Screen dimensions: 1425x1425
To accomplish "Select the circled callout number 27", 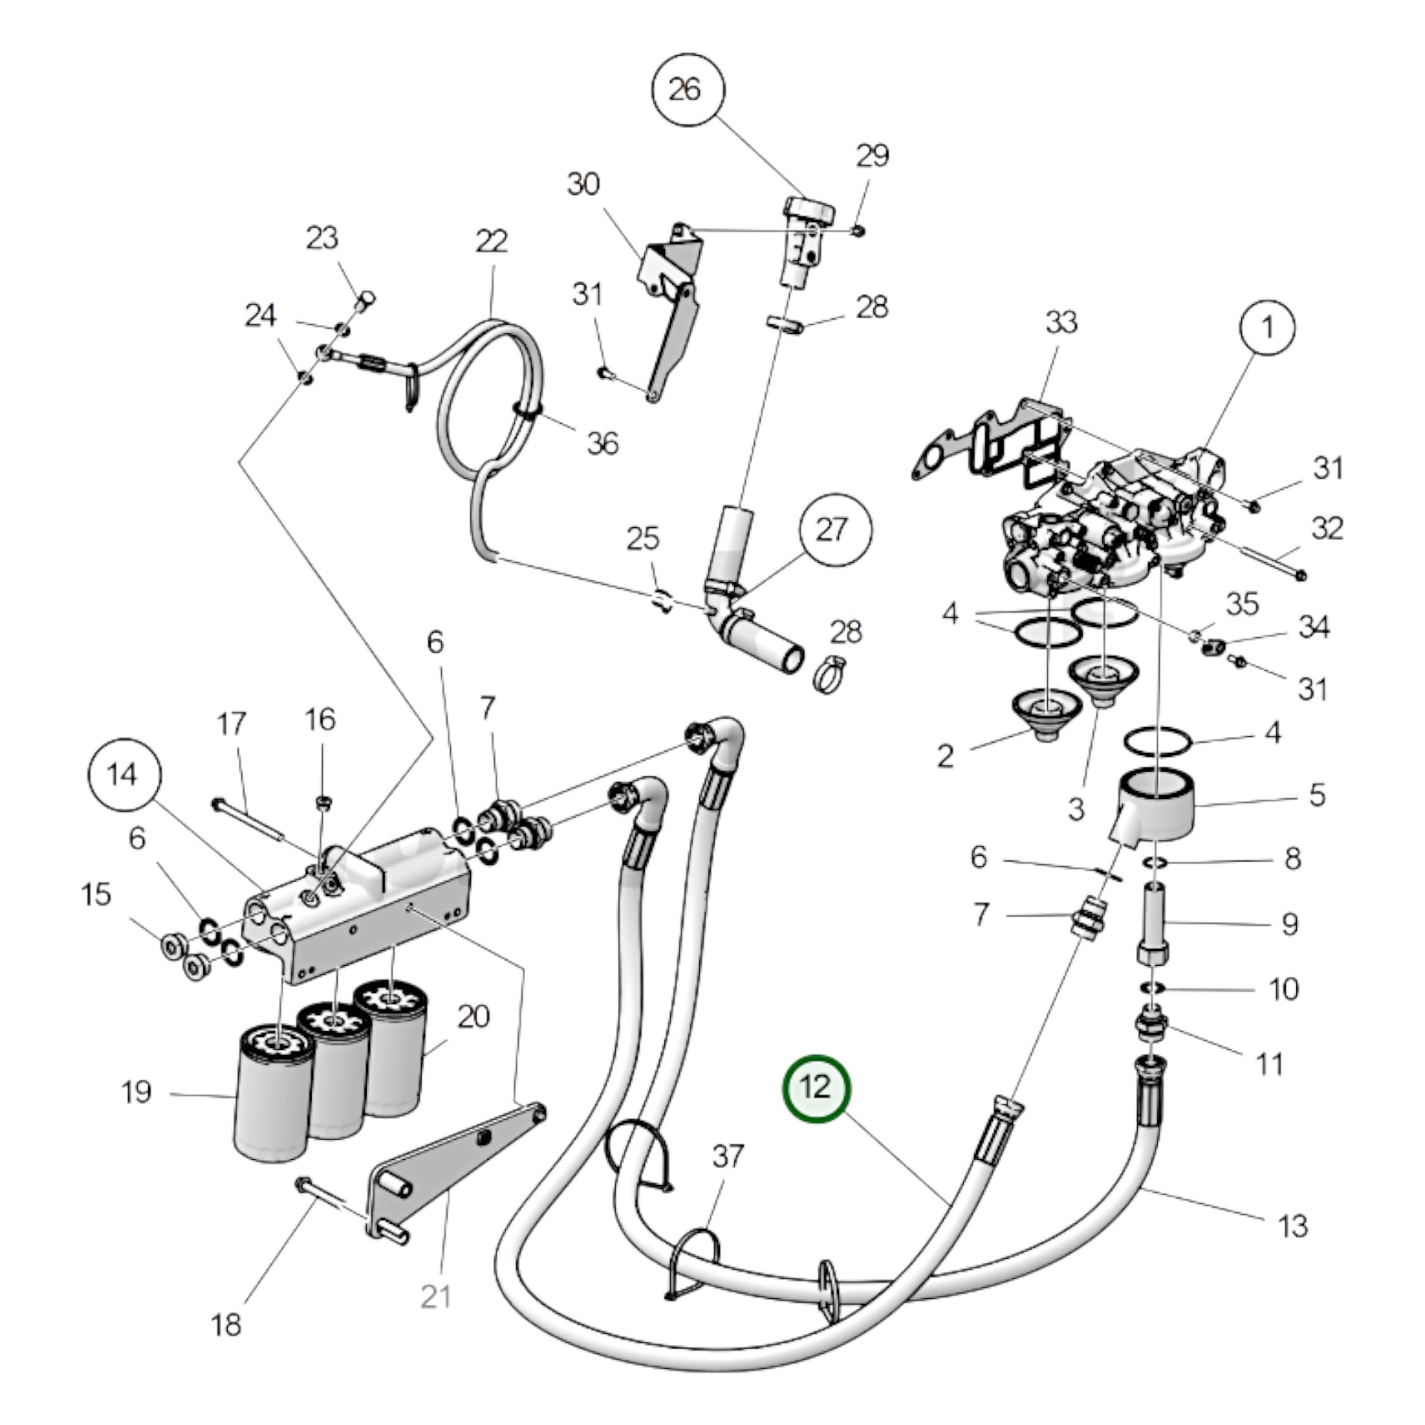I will click(x=835, y=530).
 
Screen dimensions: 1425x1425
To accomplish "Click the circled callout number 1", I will click(x=1267, y=326).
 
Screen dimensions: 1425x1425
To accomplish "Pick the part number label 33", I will click(x=1061, y=322).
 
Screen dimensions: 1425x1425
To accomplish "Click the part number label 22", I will click(x=492, y=241).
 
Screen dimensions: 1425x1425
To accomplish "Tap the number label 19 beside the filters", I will click(x=136, y=1093).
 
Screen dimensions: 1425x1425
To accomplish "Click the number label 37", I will click(x=727, y=1156).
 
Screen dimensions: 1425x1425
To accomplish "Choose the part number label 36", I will click(x=602, y=443).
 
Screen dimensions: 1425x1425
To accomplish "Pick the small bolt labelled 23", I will click(x=365, y=299).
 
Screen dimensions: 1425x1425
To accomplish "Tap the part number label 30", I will click(x=584, y=184).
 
